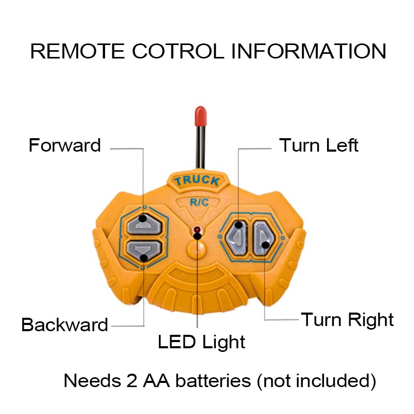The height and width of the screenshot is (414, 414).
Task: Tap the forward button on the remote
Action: click(x=143, y=224)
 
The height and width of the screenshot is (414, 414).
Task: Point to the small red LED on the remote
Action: click(x=197, y=230)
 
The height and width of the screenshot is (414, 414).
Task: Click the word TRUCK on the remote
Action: click(x=197, y=181)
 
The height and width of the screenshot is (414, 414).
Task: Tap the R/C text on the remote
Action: click(x=198, y=202)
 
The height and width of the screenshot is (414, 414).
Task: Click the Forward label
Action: click(x=65, y=145)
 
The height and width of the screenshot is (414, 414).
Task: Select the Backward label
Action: click(x=65, y=324)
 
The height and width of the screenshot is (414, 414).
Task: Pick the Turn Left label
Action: click(x=319, y=145)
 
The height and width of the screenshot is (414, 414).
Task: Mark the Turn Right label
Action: click(x=347, y=319)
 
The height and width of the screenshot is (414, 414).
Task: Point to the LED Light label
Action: click(x=201, y=342)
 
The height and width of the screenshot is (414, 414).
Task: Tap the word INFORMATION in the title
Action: click(x=308, y=51)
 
